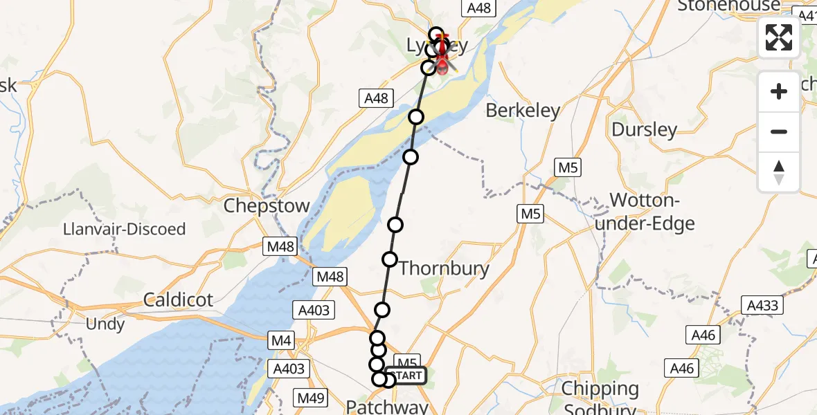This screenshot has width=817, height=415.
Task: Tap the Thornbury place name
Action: tap(444, 268)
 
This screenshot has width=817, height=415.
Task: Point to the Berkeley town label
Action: tap(523, 110)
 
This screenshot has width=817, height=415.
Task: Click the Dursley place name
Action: tap(644, 129)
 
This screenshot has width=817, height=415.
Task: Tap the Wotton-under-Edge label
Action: tap(652, 212)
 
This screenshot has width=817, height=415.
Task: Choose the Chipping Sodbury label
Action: tap(600, 398)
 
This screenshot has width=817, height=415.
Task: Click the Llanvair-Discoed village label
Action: tap(124, 229)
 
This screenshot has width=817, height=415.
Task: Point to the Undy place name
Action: tap(105, 324)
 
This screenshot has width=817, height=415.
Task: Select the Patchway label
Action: tap(387, 406)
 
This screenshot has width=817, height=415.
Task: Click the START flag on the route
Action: tap(410, 376)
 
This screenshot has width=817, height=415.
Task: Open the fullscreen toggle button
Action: tap(779, 37)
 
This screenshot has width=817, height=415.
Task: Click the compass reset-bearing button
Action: tap(779, 172)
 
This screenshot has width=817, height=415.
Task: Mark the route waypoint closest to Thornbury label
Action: tap(390, 259)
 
